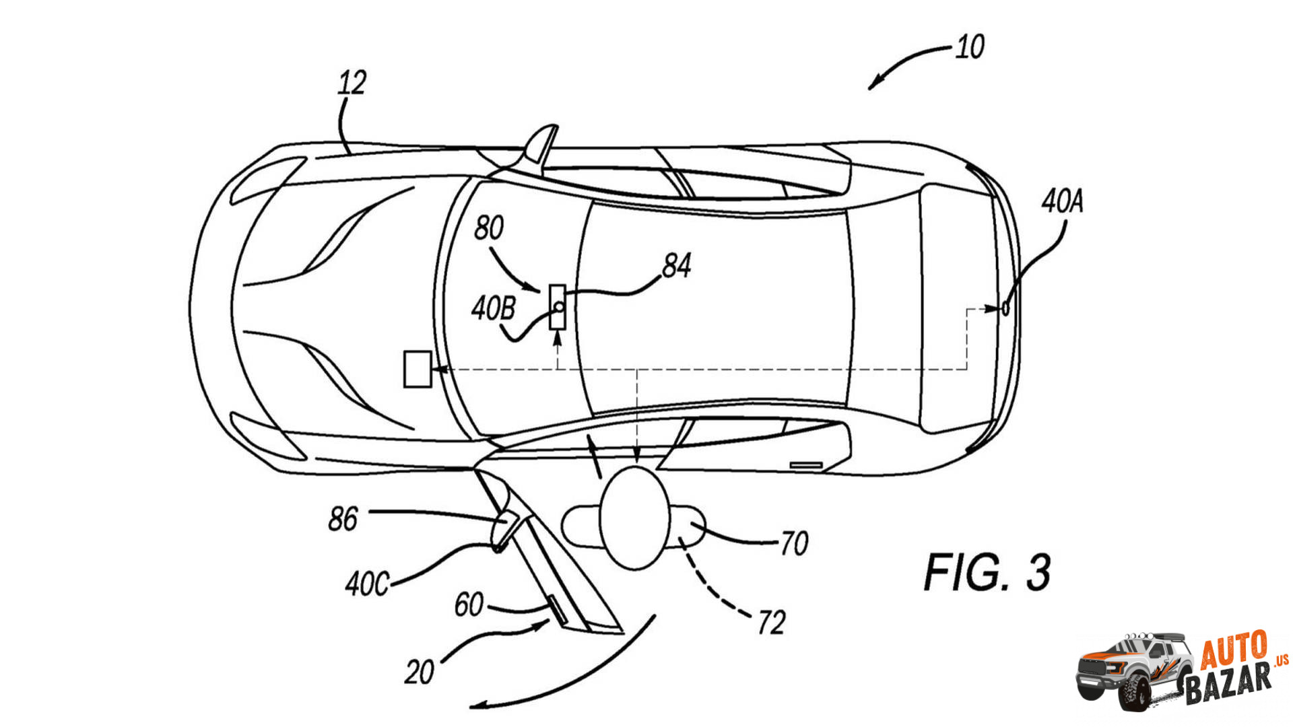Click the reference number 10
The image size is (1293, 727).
coord(970,47)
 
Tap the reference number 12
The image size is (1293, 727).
coord(352,83)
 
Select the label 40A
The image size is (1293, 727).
coord(1062,201)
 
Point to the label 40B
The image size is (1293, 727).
coord(493,309)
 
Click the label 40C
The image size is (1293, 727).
coord(367,584)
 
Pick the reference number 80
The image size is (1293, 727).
coord(488,228)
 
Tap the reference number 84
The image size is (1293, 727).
coord(676,266)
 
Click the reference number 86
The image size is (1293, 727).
coord(343,519)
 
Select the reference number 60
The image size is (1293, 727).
coord(469,604)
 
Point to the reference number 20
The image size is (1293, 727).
coord(419,672)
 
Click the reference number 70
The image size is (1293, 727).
coord(794,543)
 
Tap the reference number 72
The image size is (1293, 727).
coord(771,623)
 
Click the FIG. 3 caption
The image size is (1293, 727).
coord(987,573)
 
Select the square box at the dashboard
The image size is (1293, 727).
coord(418,369)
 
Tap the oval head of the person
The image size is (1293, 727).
coord(634,518)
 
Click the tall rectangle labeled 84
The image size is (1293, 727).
coord(557,307)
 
